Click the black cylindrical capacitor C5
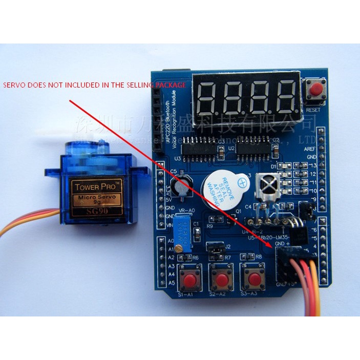[x=182, y=186]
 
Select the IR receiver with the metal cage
[x=270, y=184]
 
